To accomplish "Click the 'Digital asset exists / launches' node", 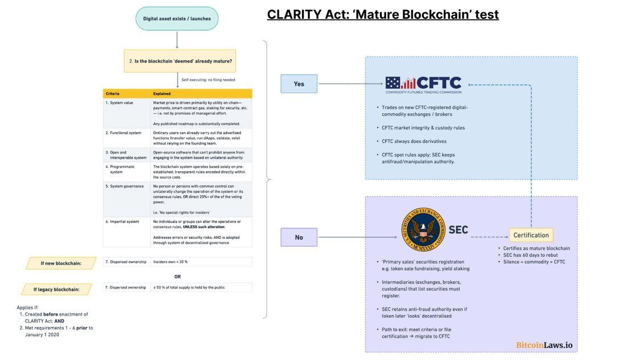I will click(x=177, y=19).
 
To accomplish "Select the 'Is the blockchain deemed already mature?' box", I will click(x=180, y=61).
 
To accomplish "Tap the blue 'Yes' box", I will click(x=299, y=84).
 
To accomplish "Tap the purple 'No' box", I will click(x=299, y=237).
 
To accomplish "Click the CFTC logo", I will click(x=423, y=84).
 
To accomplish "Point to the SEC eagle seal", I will click(x=423, y=230).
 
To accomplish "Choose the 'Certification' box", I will click(x=531, y=235).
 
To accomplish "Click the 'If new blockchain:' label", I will click(x=61, y=263).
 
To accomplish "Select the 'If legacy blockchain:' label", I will click(x=56, y=289).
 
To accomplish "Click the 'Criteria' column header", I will click(x=113, y=93).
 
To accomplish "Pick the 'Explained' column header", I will click(x=163, y=93).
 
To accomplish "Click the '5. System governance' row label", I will click(x=125, y=186).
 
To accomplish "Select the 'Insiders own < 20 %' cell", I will click(x=171, y=262).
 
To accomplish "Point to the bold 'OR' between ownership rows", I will click(x=177, y=276).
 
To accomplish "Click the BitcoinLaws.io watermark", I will click(x=544, y=345).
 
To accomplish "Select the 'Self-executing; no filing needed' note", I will click(x=208, y=80).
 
